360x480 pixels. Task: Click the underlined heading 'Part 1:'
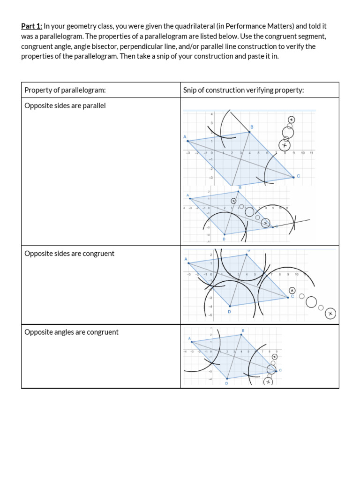coord(32,26)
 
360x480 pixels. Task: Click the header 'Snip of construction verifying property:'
coord(243,90)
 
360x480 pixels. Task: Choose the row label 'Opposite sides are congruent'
coord(69,254)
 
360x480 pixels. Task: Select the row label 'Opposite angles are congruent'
coord(71,332)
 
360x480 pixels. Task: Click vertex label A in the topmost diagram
coord(185,136)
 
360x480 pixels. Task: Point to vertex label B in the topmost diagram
coord(252,127)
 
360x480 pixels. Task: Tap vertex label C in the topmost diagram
coord(298,176)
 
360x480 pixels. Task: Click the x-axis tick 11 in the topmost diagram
coord(311,153)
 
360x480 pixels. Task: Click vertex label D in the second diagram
coord(224,239)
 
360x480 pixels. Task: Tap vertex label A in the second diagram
coord(188,195)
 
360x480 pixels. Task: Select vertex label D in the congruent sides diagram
coord(229,311)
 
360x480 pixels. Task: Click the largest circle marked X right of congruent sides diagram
coord(330,313)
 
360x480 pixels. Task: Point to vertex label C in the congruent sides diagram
coord(292,296)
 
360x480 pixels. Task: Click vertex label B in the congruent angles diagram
coord(243,331)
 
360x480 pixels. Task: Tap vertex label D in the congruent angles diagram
coord(226,383)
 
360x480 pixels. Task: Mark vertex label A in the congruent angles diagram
coord(189,338)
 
